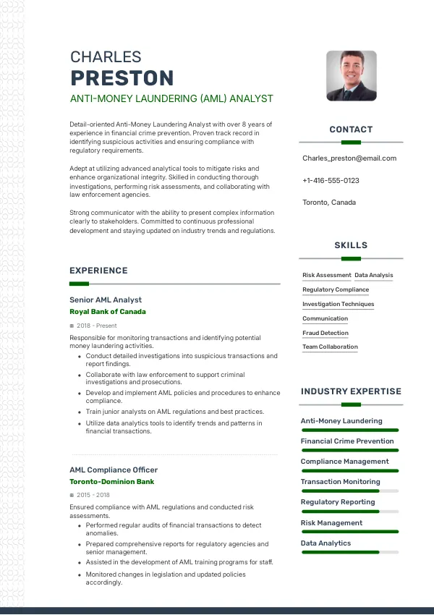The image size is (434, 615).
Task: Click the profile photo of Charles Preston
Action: click(x=351, y=75)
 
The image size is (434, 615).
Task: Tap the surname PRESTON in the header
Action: click(x=122, y=78)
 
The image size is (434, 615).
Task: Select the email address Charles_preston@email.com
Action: click(x=349, y=158)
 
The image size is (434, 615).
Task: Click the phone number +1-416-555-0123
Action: click(x=331, y=180)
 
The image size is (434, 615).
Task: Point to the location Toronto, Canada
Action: click(x=329, y=203)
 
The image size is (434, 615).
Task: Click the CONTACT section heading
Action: click(x=351, y=130)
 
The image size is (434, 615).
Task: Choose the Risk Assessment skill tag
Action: click(x=326, y=276)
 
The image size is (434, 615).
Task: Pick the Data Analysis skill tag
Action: click(x=374, y=276)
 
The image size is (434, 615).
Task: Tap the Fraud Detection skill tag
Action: click(x=325, y=334)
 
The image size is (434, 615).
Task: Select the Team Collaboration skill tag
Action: click(x=330, y=347)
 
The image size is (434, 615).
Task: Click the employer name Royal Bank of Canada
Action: click(x=108, y=312)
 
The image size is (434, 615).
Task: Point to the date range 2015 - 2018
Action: click(x=93, y=495)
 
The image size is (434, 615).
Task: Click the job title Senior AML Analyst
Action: click(x=106, y=300)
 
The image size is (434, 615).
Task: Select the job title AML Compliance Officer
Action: click(x=114, y=470)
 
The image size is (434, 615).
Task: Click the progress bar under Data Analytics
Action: click(x=350, y=552)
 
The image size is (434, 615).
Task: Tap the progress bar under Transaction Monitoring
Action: click(x=350, y=491)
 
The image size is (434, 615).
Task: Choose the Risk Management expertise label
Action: click(x=331, y=522)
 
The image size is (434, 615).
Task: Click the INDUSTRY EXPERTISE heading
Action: click(x=351, y=391)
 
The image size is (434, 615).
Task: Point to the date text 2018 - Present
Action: click(x=96, y=326)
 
